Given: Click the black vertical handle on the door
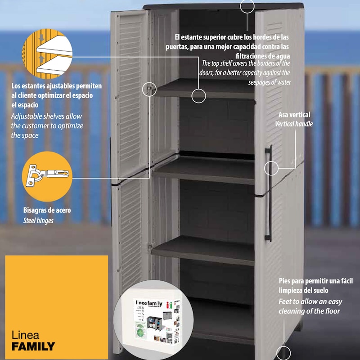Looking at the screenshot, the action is [x=268, y=193].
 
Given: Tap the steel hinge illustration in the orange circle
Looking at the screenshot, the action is [x=47, y=175].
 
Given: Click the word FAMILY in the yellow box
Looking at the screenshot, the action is [x=33, y=346].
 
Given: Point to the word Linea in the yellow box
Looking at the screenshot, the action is [x=25, y=335].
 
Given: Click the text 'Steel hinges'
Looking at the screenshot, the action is [x=38, y=220].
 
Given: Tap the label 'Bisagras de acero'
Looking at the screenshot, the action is [x=47, y=210].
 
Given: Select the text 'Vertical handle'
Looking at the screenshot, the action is [x=294, y=124].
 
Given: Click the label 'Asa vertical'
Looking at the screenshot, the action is [x=294, y=115].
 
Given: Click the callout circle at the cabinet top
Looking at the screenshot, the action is [x=247, y=7].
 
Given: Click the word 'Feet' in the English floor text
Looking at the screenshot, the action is [x=285, y=301].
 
